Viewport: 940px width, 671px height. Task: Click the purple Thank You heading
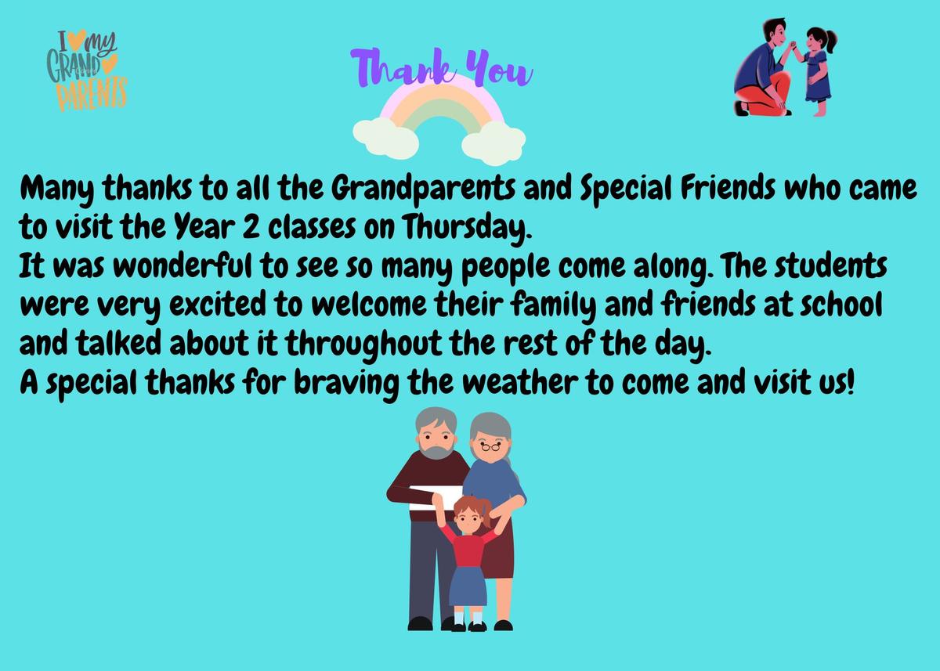click(442, 68)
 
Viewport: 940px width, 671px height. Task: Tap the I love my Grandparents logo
click(87, 70)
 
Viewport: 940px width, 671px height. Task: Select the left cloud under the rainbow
click(386, 139)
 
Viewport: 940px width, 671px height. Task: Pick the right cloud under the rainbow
click(493, 142)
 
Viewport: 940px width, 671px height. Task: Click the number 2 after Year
click(251, 227)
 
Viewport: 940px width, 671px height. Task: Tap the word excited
click(218, 305)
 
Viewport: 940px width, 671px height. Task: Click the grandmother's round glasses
click(490, 446)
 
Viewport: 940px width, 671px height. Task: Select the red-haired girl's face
click(467, 520)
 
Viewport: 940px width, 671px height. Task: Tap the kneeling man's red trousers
click(764, 95)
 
